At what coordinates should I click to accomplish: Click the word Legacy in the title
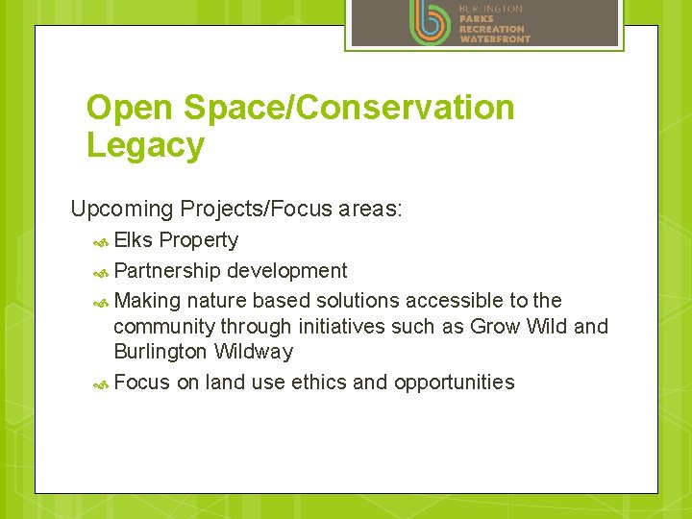(x=145, y=146)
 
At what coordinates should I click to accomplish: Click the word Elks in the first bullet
(x=134, y=240)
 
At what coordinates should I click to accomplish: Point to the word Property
(x=199, y=240)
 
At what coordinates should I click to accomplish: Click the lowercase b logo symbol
(x=429, y=22)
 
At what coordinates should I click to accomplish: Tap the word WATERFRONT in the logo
(x=494, y=39)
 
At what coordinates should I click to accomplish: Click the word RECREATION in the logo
(x=491, y=29)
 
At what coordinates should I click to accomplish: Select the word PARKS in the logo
(x=477, y=18)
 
